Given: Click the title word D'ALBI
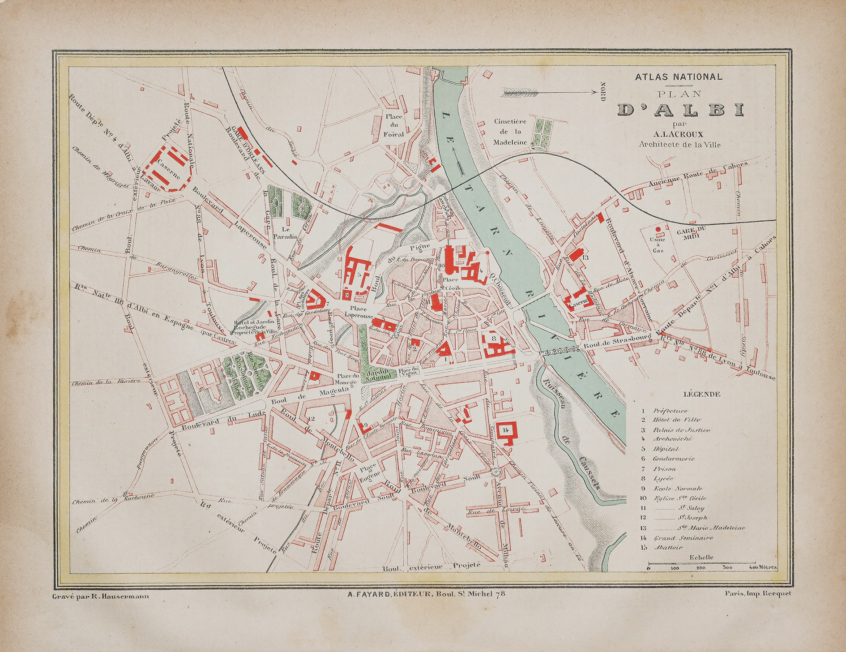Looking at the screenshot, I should point(680,110).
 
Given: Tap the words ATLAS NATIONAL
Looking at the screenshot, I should point(679,77).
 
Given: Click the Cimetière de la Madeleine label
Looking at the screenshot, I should point(510,132).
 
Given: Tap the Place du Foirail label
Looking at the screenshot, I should point(394,125).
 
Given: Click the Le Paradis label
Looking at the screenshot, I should point(286,232).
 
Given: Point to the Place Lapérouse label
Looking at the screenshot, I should point(359,312).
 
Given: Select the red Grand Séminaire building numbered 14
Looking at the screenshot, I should point(507,431).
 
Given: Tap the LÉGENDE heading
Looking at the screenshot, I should point(702,394).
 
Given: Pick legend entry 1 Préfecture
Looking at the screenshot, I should point(670,411).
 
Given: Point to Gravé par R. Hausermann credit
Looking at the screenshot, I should point(101,596).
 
